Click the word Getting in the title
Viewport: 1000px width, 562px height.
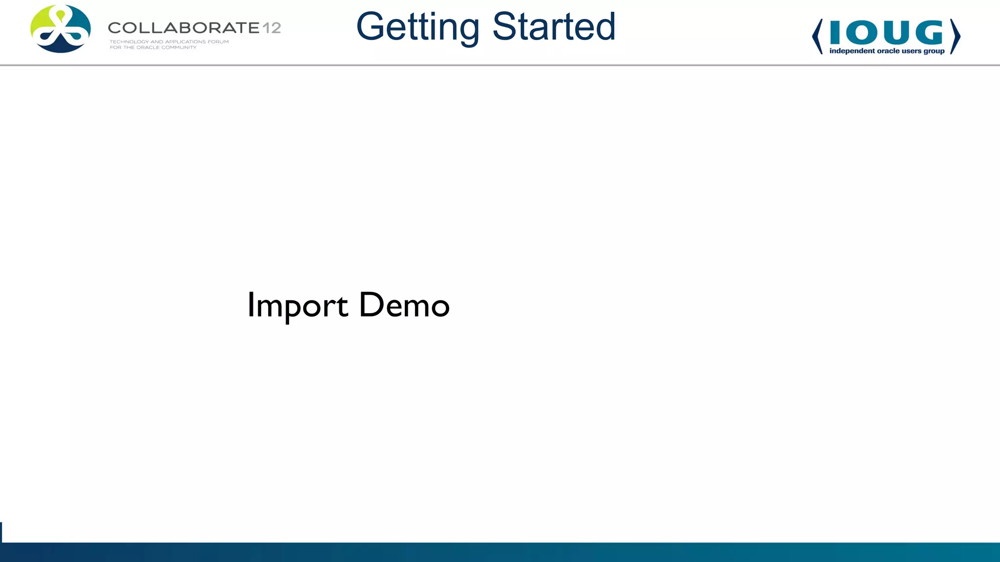pyautogui.click(x=417, y=27)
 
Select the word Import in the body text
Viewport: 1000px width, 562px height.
pyautogui.click(x=297, y=306)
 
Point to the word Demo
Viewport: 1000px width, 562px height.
pyautogui.click(x=404, y=305)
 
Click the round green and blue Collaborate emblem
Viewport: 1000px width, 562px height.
pyautogui.click(x=61, y=29)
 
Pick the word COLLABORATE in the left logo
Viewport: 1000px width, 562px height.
pyautogui.click(x=184, y=28)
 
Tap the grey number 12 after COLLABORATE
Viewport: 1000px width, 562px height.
pyautogui.click(x=271, y=28)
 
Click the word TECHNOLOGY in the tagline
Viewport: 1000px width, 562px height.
pyautogui.click(x=129, y=42)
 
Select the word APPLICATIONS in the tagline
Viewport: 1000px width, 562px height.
pyautogui.click(x=185, y=42)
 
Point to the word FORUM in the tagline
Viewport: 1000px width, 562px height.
pyautogui.click(x=218, y=42)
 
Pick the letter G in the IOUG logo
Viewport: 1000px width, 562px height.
pyautogui.click(x=929, y=33)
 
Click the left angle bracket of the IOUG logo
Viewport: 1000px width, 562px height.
pyautogui.click(x=817, y=37)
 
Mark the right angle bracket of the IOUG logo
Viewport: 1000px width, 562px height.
pyautogui.click(x=956, y=37)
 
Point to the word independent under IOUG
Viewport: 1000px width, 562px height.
pyautogui.click(x=852, y=51)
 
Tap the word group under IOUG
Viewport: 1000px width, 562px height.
pyautogui.click(x=934, y=51)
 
